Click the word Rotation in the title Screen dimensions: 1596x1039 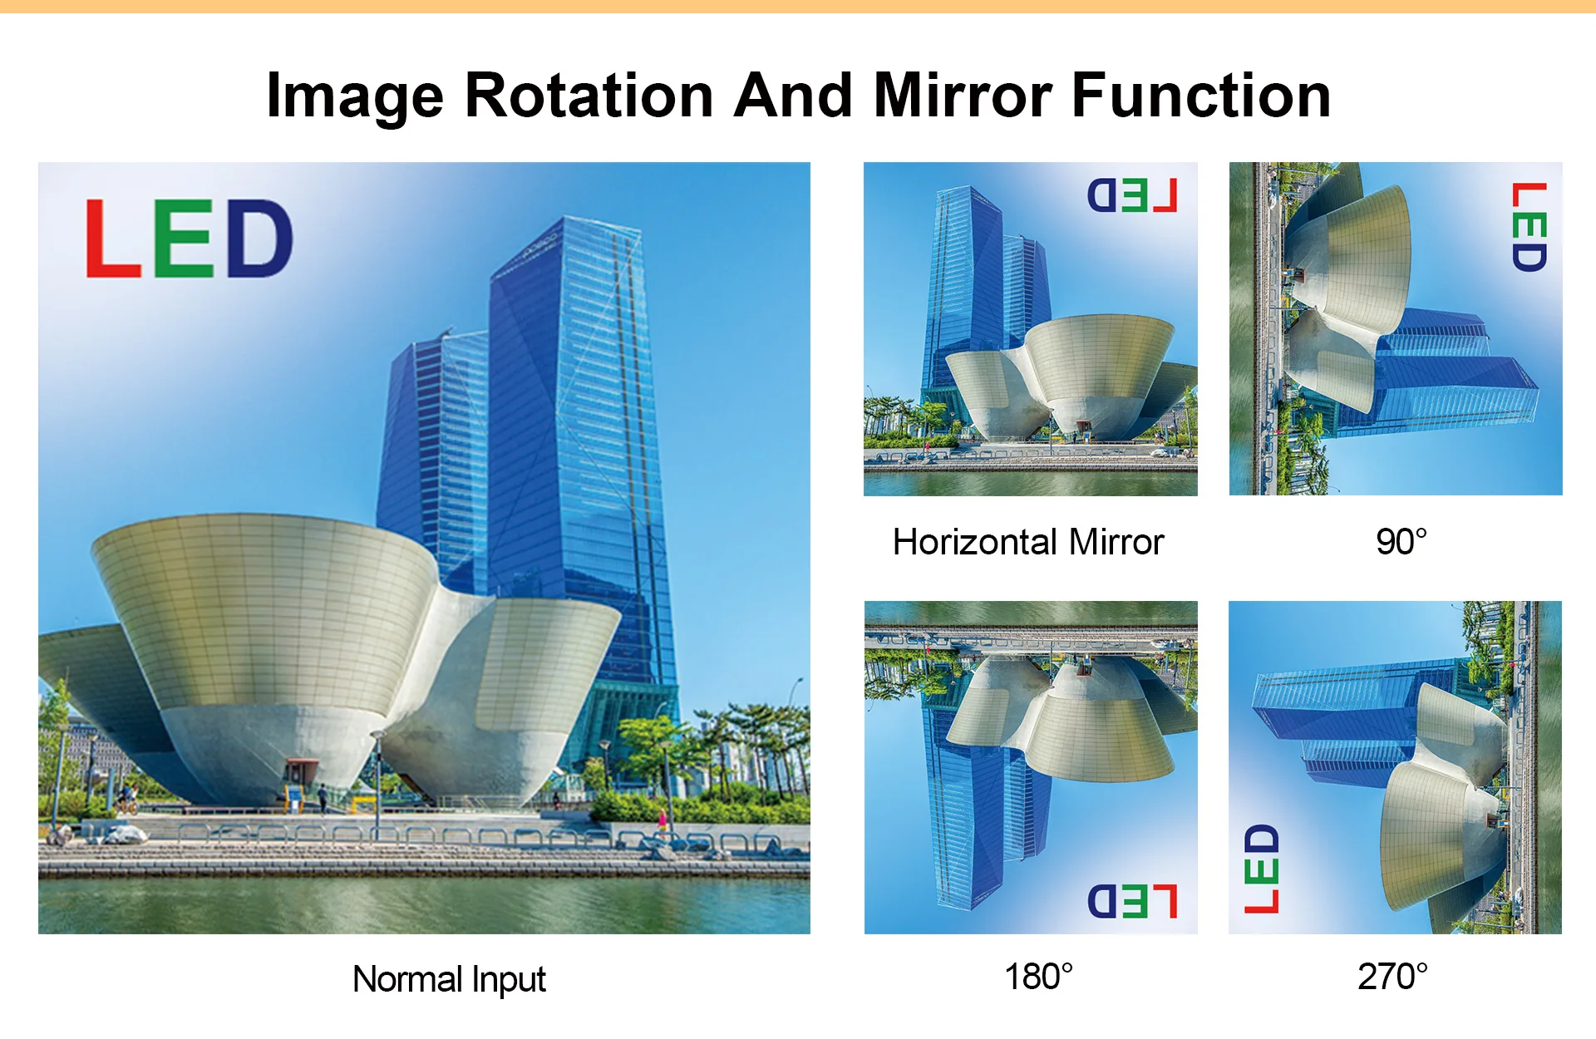coord(589,96)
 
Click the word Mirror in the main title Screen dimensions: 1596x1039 coord(963,96)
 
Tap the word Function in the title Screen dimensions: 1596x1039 coord(1201,96)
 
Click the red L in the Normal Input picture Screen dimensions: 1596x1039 coord(113,238)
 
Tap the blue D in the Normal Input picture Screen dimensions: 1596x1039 coord(259,238)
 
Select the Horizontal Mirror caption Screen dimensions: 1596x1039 coord(1028,542)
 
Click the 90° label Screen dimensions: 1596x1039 coord(1401,542)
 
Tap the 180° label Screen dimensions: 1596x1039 coord(1039,977)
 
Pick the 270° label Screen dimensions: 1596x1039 coord(1393,977)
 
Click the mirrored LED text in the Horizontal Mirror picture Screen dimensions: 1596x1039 coord(1132,196)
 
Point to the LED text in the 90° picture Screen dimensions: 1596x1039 coord(1529,227)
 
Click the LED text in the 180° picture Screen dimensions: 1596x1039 coord(1132,901)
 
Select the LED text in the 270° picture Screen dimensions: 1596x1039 coord(1261,869)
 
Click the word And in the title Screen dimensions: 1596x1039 coord(793,96)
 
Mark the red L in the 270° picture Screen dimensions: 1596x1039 coord(1261,901)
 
